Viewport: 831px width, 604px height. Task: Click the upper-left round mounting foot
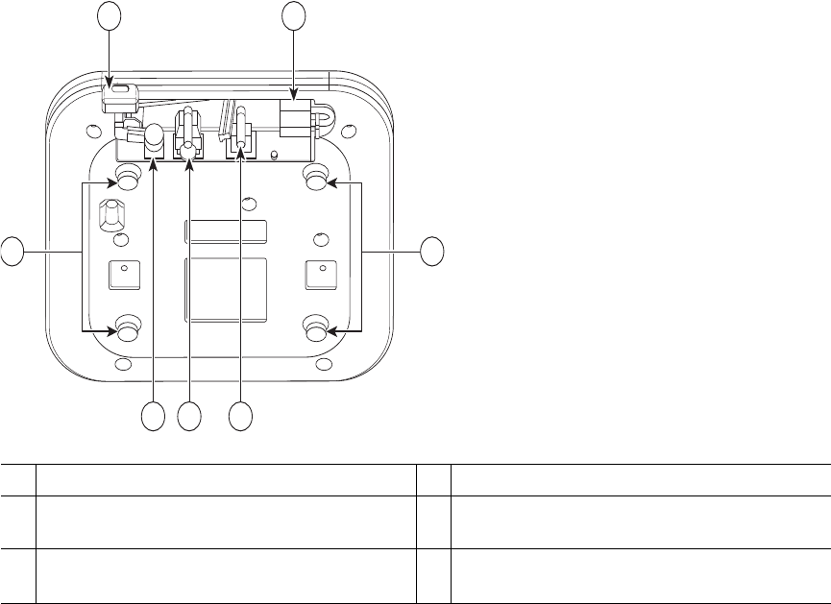pyautogui.click(x=126, y=178)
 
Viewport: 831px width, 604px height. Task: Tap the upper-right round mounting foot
pyautogui.click(x=315, y=178)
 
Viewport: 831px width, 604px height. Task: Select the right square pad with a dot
pyautogui.click(x=319, y=275)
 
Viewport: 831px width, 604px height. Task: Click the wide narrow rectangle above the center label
pyautogui.click(x=226, y=231)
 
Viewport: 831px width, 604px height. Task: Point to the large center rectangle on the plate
pyautogui.click(x=226, y=288)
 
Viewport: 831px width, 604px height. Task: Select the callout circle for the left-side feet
pyautogui.click(x=12, y=252)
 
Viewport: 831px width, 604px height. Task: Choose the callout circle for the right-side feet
pyautogui.click(x=432, y=252)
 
